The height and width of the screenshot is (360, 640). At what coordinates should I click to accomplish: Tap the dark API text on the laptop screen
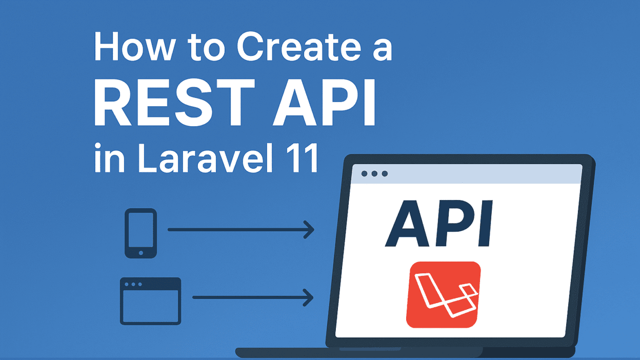(x=439, y=224)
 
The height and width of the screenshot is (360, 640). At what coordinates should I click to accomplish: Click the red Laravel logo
(x=444, y=294)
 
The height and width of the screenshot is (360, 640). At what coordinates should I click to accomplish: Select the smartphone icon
(x=141, y=233)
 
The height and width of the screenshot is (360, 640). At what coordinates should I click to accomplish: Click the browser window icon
(x=150, y=301)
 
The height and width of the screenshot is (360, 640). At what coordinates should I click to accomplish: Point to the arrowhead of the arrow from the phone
(x=309, y=230)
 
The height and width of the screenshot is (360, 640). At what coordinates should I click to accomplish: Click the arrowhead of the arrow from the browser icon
(x=309, y=297)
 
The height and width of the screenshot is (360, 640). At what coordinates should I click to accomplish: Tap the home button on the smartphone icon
(x=141, y=252)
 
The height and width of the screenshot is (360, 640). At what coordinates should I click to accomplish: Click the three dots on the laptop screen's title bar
(x=374, y=174)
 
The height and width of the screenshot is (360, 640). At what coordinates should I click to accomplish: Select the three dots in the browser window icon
(x=133, y=284)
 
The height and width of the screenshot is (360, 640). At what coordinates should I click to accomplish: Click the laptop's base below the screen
(x=405, y=352)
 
